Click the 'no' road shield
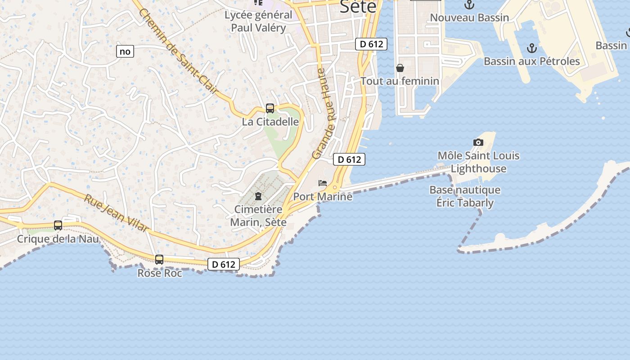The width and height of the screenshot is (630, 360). click(125, 51)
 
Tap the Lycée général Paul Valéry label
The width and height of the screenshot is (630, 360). click(258, 21)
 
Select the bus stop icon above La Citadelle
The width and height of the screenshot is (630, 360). click(270, 108)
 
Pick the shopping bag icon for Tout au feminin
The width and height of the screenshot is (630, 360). click(400, 68)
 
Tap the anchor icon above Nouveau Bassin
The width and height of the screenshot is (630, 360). click(469, 5)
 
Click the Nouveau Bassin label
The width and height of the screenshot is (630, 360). click(469, 18)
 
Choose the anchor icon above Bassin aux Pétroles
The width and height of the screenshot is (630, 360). click(532, 48)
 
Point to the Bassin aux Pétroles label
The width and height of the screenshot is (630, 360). click(532, 61)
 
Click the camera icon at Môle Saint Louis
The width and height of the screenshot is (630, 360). click(478, 143)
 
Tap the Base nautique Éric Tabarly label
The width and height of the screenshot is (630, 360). click(465, 196)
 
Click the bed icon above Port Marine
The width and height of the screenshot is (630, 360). click(323, 183)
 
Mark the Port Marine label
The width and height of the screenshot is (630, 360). click(323, 197)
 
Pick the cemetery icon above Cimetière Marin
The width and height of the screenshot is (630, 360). click(258, 196)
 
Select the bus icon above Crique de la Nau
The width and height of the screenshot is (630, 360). click(58, 225)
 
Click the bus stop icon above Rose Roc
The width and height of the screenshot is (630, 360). click(159, 260)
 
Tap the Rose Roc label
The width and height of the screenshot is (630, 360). click(160, 273)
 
